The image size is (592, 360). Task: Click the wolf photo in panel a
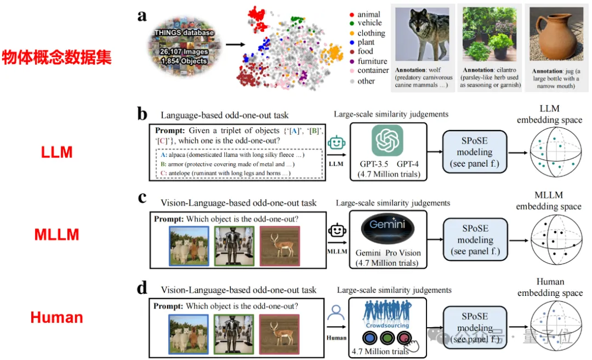click(x=422, y=34)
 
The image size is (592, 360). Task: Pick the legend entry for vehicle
click(x=369, y=23)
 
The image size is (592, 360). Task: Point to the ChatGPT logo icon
click(x=388, y=140)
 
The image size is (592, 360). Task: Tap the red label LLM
click(x=57, y=152)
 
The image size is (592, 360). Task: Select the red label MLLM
click(x=57, y=235)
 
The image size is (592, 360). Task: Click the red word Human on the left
click(x=57, y=317)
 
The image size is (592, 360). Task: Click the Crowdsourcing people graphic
click(x=388, y=313)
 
